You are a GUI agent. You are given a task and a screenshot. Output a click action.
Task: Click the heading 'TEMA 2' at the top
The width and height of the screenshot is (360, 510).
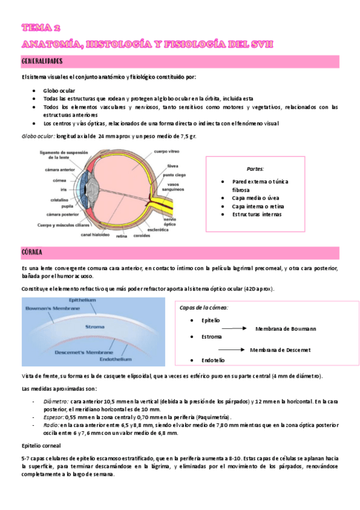pos(41,28)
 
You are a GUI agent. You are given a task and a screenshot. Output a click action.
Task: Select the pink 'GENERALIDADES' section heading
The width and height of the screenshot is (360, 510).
pos(42,61)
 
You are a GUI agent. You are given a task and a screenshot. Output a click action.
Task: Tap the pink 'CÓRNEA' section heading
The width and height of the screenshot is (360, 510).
pos(31,251)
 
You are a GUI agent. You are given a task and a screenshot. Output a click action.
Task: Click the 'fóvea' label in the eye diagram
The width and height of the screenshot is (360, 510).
pos(172,165)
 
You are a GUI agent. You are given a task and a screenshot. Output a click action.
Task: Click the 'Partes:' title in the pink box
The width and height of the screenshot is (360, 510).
pos(255,169)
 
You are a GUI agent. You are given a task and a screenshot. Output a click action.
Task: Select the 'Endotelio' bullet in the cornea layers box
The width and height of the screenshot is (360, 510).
pos(213,360)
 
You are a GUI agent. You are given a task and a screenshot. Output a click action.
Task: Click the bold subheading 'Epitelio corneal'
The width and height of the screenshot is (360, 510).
pos(41,446)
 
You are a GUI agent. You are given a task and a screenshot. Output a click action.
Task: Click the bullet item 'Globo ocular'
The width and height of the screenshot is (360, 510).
pos(59,90)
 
